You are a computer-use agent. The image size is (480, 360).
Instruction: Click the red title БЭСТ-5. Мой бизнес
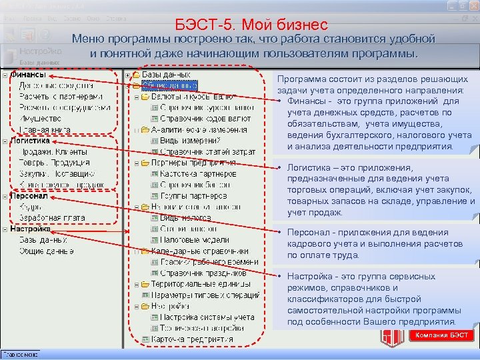251,25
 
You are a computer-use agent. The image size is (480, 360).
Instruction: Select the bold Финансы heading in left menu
28,75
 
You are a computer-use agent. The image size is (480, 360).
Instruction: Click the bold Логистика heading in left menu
30,141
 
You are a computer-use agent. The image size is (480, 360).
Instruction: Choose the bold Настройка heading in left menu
31,229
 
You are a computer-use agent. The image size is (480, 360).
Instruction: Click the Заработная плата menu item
51,217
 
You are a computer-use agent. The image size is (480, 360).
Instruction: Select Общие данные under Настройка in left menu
45,250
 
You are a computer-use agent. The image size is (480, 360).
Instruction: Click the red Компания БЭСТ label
441,335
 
